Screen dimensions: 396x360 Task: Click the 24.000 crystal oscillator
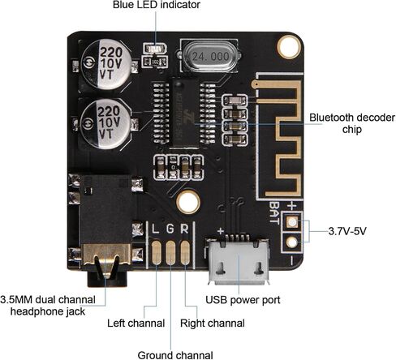[x=209, y=56]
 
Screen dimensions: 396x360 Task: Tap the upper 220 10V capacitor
[x=107, y=64]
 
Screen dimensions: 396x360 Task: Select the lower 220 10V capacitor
[x=105, y=123]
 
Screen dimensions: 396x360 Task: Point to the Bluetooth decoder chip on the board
[x=184, y=113]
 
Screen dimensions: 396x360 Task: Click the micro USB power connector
[x=239, y=260]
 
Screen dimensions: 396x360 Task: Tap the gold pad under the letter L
[x=156, y=252]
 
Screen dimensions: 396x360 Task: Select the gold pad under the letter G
[x=170, y=252]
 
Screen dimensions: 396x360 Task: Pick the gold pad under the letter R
[x=185, y=252]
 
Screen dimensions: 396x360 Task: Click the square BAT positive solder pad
[x=292, y=222]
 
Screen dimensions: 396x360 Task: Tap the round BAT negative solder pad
[x=292, y=242]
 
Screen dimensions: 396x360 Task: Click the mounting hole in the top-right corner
[x=289, y=46]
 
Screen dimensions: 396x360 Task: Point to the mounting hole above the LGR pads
[x=188, y=202]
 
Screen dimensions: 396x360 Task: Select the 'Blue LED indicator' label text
[x=157, y=5]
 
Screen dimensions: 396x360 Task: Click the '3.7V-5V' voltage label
[x=347, y=231]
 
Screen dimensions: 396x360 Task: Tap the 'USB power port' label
[x=243, y=300]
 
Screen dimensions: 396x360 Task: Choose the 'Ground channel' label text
[x=175, y=355]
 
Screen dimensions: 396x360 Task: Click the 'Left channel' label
[x=136, y=324]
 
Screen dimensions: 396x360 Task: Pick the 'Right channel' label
[x=213, y=324]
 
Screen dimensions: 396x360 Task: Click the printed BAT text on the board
[x=274, y=212]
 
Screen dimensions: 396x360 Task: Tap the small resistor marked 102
[x=155, y=62]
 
